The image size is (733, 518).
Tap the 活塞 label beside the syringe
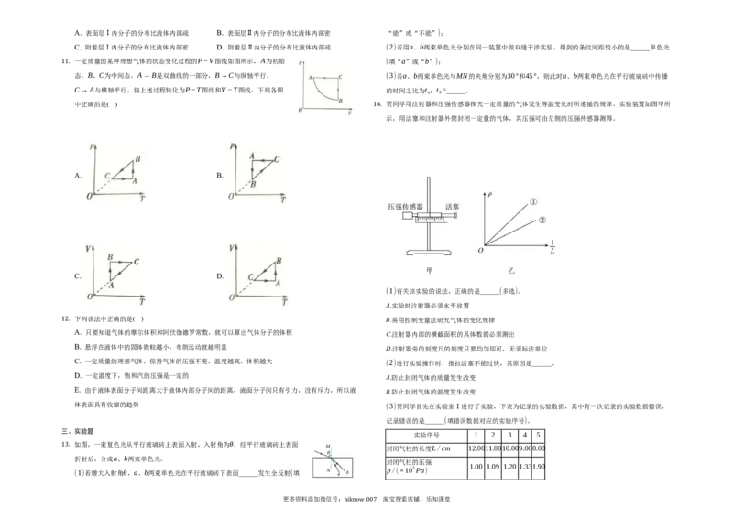tap(452, 208)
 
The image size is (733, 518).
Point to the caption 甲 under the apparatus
tap(428, 270)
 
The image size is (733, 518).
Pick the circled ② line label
tap(542, 220)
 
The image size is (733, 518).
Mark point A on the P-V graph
tap(311, 78)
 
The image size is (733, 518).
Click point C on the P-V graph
tap(341, 77)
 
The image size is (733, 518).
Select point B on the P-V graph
tap(341, 100)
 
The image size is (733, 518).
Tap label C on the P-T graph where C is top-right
tap(277, 159)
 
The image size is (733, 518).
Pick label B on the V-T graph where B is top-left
tap(110, 258)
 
